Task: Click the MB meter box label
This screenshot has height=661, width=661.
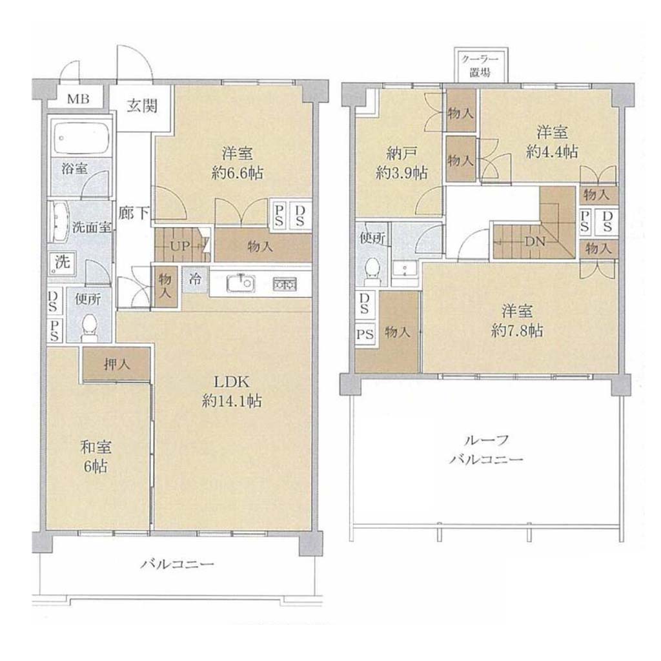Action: coord(78,99)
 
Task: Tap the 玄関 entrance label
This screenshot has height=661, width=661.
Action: coord(143,105)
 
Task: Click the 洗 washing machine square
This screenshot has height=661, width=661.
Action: coord(62,263)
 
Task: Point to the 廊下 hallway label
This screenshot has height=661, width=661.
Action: coord(133,213)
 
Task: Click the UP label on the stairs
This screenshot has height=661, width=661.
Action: coord(181,246)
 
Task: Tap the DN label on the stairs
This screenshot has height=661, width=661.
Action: coord(535,242)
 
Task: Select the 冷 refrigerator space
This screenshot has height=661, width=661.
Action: coord(195,279)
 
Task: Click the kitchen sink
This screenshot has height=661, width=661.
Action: coord(241,283)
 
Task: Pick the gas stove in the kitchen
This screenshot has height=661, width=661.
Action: coord(285,284)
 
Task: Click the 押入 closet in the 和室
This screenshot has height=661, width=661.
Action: coord(117,364)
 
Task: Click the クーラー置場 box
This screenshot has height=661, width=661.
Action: coord(480,65)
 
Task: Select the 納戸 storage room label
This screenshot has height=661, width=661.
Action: coord(402,154)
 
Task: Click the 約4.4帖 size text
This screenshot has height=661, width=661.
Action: coord(552,152)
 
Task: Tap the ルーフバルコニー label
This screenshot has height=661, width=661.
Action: coord(486,450)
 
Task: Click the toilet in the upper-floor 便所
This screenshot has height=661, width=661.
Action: coord(372,270)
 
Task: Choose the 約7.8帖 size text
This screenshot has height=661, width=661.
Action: coord(517,331)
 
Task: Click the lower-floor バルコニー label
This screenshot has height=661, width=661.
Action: coord(178,564)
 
